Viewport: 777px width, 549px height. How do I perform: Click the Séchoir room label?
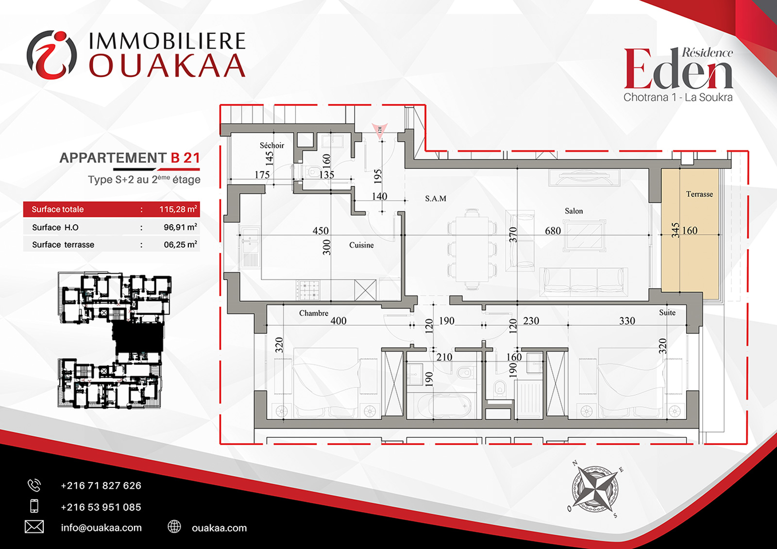272,145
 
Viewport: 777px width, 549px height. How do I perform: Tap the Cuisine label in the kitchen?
361,245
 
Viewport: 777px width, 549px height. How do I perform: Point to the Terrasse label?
699,194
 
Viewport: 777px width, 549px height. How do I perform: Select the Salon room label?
574,211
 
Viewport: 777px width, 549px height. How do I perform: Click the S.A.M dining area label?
436,199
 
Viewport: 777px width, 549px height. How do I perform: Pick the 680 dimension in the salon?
553,231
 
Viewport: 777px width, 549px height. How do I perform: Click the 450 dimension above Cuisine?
321,231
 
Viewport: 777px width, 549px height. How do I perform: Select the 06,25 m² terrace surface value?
180,245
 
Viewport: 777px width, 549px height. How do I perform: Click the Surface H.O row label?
55,228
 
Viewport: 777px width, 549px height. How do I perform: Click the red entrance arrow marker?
380,131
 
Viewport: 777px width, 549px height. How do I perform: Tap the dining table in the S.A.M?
472,249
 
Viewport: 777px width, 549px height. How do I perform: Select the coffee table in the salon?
585,236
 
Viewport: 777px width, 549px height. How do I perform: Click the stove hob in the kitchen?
308,290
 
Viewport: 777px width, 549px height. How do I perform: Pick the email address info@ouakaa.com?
101,528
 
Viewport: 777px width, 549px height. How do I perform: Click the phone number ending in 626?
101,485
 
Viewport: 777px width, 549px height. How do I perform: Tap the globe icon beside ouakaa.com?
174,527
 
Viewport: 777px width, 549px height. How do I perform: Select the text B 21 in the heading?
186,158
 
